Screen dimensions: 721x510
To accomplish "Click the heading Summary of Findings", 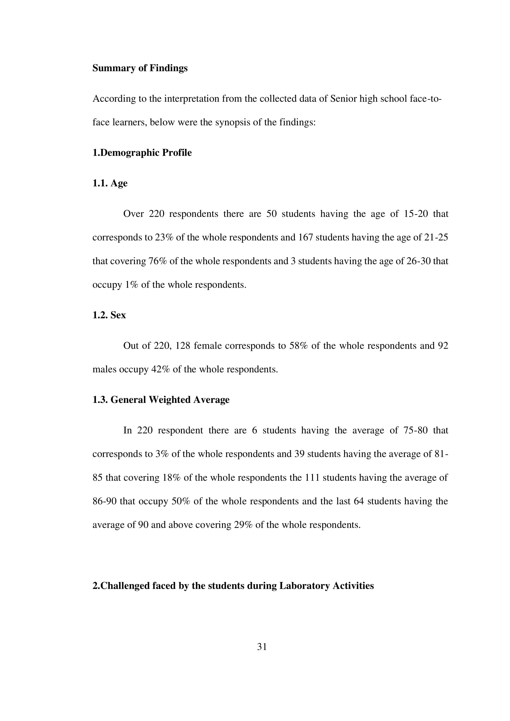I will (140, 68).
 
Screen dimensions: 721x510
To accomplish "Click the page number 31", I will (262, 647).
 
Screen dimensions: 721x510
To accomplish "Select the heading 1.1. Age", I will (110, 183).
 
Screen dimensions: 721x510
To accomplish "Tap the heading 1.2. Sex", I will (109, 315).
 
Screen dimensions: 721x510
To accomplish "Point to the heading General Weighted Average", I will (170, 399).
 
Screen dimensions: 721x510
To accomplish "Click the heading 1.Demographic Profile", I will (142, 153).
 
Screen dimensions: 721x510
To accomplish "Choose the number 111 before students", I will (312, 477).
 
